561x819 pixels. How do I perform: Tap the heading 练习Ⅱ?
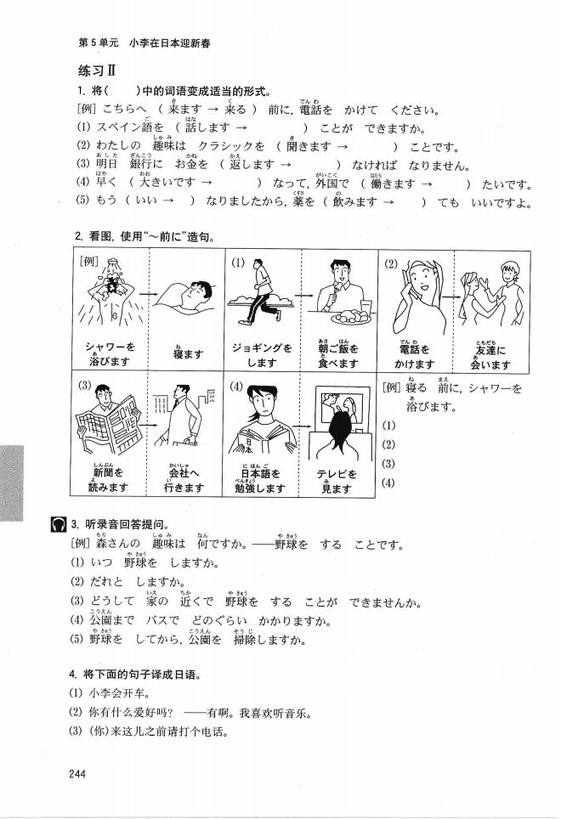91,70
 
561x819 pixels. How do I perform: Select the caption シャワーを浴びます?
110,353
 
